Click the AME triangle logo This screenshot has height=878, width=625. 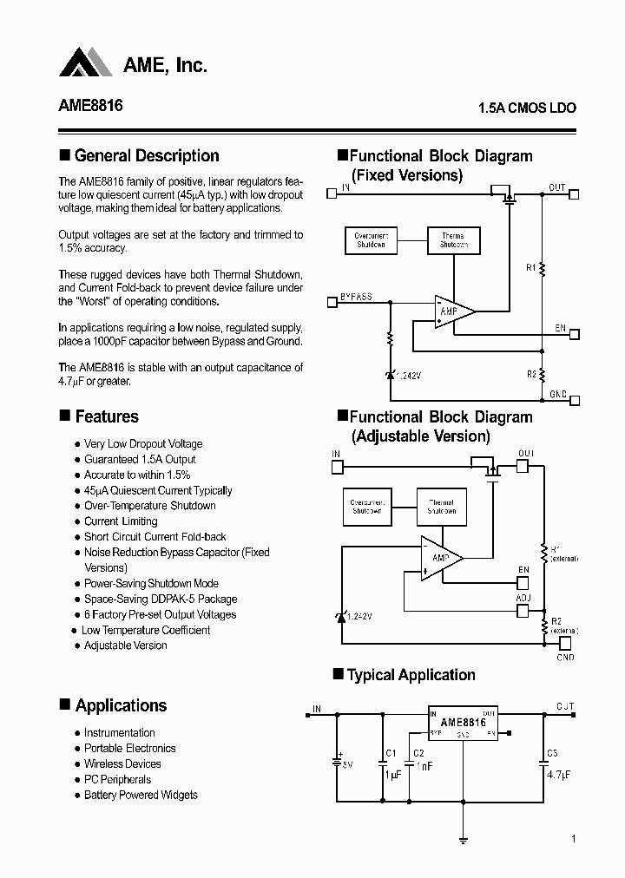pos(86,62)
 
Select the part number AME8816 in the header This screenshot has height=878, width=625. pos(90,106)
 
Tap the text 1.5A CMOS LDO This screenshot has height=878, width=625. pos(527,109)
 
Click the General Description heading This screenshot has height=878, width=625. pos(147,156)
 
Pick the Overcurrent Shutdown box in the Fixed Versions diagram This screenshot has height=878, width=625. pos(371,239)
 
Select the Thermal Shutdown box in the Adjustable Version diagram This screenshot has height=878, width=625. pos(441,506)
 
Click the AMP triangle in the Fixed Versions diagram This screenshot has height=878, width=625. pos(452,311)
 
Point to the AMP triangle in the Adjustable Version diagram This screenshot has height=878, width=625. pos(439,557)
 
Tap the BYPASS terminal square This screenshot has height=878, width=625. pos(331,302)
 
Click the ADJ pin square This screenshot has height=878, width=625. pos(522,611)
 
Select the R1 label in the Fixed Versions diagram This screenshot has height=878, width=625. pos(530,268)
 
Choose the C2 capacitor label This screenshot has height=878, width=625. pos(418,753)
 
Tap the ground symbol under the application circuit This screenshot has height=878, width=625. pos(463,841)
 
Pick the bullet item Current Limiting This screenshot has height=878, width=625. pos(121,521)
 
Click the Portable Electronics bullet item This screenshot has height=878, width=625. pos(129,748)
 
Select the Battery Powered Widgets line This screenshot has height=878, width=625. pos(141,795)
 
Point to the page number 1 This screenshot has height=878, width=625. pos(574,839)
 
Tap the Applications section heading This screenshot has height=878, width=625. pos(121,705)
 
